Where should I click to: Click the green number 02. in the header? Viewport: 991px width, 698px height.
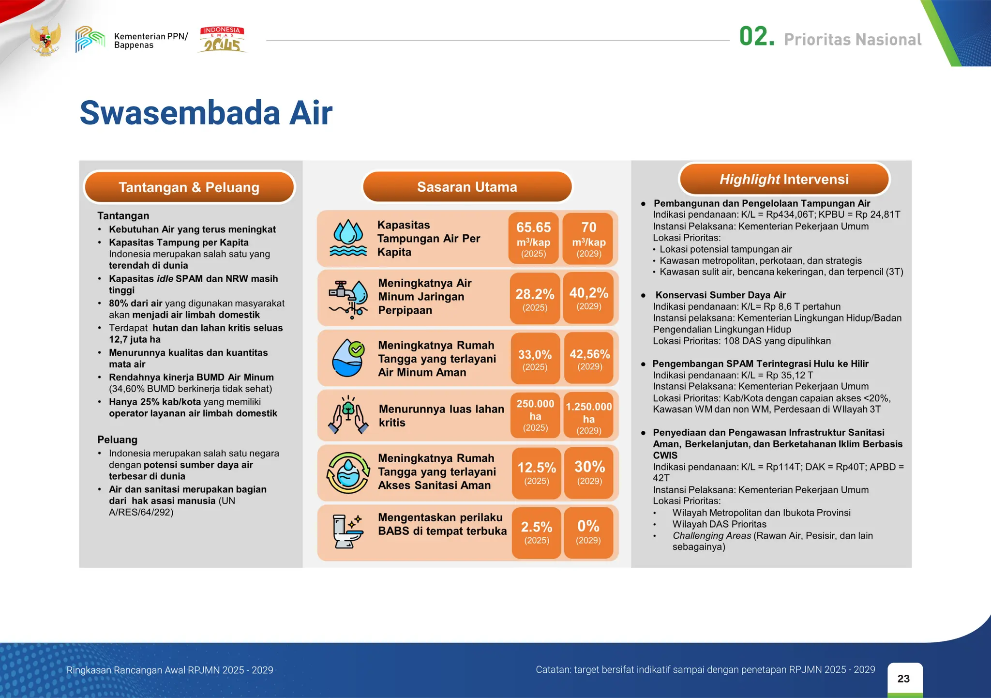[756, 37]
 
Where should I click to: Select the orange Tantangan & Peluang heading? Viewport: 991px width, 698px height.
[189, 187]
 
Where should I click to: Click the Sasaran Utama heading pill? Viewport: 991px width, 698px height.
[467, 187]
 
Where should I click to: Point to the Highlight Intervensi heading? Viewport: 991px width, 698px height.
[784, 179]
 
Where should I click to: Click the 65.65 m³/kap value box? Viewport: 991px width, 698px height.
[533, 239]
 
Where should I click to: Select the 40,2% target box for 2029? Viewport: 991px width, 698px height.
[588, 297]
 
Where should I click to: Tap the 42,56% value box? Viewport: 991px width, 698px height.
[589, 358]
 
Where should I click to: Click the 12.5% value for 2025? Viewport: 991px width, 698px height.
[536, 472]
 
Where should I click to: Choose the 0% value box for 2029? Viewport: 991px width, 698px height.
[588, 531]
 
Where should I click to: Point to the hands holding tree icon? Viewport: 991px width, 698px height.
[348, 415]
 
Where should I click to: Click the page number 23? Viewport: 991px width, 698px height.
[903, 679]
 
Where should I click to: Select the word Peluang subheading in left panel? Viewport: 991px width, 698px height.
[117, 440]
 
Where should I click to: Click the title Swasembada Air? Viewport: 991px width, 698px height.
[206, 113]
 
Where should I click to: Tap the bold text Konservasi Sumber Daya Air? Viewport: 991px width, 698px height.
[720, 295]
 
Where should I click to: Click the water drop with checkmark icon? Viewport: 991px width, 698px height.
[348, 358]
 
